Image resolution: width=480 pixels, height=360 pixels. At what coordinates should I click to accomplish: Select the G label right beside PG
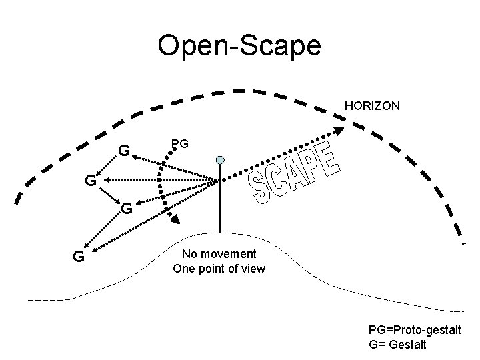click(124, 151)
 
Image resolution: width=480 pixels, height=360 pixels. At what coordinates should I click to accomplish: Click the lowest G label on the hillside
click(79, 256)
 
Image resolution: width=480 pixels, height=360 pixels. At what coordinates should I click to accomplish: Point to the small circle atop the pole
click(220, 161)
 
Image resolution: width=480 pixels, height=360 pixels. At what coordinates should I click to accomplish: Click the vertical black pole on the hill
click(220, 200)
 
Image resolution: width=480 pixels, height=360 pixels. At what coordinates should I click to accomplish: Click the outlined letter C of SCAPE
click(279, 180)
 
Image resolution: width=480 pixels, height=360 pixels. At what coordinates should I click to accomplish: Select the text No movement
click(219, 254)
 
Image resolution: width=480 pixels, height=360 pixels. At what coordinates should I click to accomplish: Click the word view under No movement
click(253, 269)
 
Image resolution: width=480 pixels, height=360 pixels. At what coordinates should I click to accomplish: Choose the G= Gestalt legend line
click(397, 345)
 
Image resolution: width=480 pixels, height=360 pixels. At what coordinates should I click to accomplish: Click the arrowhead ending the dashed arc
click(173, 218)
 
